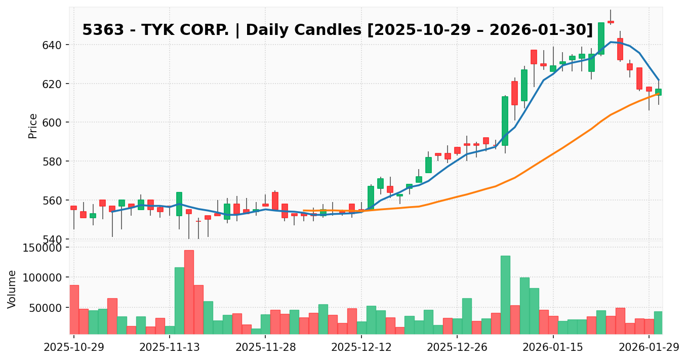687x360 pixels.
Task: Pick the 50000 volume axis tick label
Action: tap(44, 308)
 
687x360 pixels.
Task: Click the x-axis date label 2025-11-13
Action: tap(169, 348)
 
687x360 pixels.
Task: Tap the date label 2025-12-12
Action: tap(360, 348)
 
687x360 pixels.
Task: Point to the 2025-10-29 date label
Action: tap(73, 348)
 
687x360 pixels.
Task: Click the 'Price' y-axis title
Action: tap(33, 126)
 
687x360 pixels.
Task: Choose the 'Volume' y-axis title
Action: tap(12, 289)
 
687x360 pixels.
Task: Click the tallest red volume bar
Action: tap(189, 292)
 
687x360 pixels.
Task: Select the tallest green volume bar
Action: tap(505, 295)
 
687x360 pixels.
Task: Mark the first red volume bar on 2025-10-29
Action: tap(74, 309)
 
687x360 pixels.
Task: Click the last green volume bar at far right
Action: tap(658, 323)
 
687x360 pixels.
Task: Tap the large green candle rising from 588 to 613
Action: tap(505, 121)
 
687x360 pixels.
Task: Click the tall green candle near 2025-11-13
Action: tap(179, 204)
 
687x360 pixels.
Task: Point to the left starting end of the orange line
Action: tap(303, 210)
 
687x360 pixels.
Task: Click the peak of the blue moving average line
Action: tap(611, 42)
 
